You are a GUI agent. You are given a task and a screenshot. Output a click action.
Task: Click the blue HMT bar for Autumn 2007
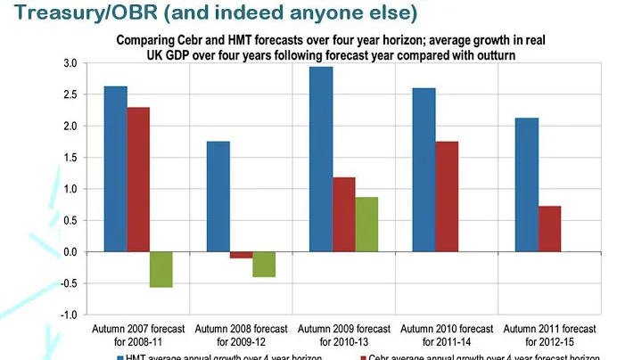[x=115, y=168]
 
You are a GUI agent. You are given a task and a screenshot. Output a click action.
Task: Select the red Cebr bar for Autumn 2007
[x=137, y=179]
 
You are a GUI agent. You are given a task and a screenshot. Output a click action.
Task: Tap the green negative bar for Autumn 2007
[x=160, y=269]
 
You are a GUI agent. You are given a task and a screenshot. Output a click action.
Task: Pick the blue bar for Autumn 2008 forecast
[x=218, y=196]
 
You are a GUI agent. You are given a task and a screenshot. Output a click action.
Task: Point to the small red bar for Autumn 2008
[x=242, y=255]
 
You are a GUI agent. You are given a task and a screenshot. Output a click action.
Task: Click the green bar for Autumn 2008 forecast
[x=264, y=265]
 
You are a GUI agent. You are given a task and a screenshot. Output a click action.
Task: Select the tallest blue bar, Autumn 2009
[x=321, y=160]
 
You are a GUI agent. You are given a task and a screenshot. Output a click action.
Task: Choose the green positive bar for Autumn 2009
[x=366, y=225]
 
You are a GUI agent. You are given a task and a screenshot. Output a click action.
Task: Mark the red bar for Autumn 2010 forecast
[x=448, y=196]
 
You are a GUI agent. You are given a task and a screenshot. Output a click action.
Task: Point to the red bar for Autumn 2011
[x=551, y=229]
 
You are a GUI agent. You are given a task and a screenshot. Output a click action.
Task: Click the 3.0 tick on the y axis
[x=71, y=63]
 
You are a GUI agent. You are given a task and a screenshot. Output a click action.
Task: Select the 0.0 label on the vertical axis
[x=71, y=252]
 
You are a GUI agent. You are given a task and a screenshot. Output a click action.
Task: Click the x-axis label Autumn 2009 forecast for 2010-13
[x=343, y=335]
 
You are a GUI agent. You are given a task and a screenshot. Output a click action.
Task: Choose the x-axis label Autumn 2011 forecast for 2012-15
[x=550, y=335]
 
